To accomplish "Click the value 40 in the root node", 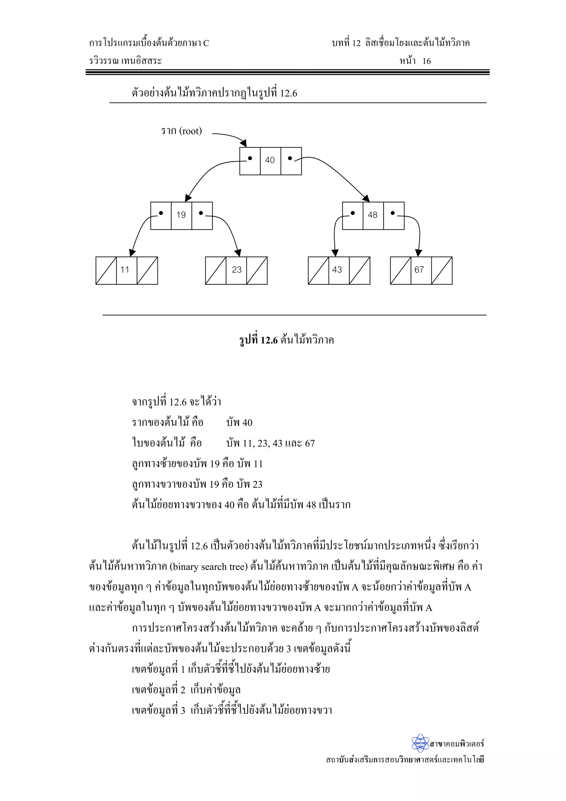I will [270, 160].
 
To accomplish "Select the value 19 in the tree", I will [181, 215].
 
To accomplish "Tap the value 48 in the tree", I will [373, 215].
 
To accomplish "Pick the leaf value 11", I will [125, 270].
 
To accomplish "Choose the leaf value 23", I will [237, 270].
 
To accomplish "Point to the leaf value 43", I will [337, 270].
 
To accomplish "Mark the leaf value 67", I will [419, 270].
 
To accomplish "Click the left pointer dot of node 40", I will [250, 158].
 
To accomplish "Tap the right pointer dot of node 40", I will [290, 158].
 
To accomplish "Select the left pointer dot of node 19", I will [161, 213].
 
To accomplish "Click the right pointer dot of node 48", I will [393, 213].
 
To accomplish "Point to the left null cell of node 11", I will [106, 271].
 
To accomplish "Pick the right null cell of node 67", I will [442, 271].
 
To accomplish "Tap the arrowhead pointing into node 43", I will [335, 253].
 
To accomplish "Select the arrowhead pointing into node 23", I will [239, 252].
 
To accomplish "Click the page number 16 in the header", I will [426, 61].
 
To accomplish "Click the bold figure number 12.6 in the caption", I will [269, 340].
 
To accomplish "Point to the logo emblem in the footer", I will [420, 744].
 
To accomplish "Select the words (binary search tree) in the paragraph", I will [209, 567].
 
